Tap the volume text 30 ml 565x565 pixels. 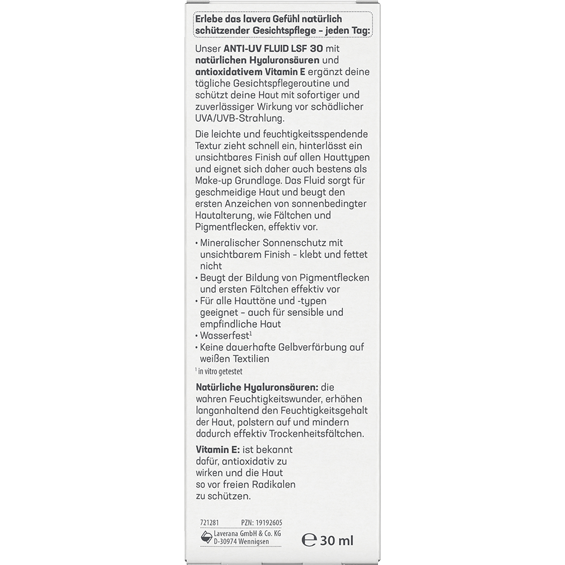(337, 540)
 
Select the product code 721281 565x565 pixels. (203, 523)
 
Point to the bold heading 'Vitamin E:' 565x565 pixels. (218, 449)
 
